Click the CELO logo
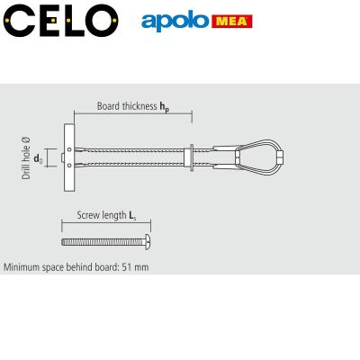point(61,21)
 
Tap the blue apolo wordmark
point(175,21)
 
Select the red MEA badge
point(232,22)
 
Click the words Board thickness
point(127,106)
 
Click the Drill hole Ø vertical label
point(26,158)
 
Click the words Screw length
point(102,215)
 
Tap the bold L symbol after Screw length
point(132,216)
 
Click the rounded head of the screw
point(148,242)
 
